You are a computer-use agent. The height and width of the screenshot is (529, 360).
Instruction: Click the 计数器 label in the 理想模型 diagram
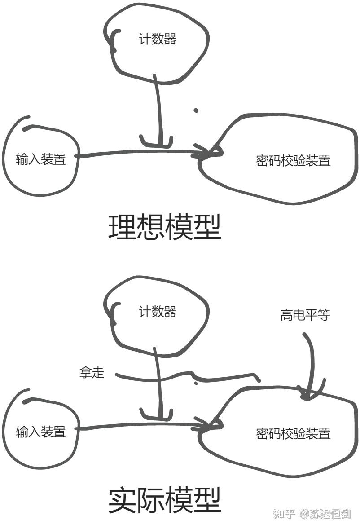pyautogui.click(x=157, y=40)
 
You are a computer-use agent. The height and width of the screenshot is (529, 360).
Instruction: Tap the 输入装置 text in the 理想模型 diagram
pyautogui.click(x=41, y=159)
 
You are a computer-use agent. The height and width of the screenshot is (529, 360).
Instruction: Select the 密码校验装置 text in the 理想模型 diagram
pyautogui.click(x=293, y=160)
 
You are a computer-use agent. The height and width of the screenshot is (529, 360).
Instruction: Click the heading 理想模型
pyautogui.click(x=165, y=227)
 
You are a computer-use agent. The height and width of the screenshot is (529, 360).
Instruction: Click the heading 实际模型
pyautogui.click(x=165, y=501)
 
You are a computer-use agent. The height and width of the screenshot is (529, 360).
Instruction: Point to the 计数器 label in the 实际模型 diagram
pyautogui.click(x=157, y=312)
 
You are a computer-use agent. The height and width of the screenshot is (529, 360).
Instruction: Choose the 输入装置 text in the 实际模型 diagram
pyautogui.click(x=41, y=432)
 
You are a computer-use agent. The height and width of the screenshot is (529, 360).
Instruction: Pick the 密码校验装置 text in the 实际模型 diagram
pyautogui.click(x=293, y=433)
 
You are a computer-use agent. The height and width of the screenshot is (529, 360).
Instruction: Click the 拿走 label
pyautogui.click(x=92, y=372)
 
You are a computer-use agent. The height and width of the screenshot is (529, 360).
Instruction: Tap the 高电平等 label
pyautogui.click(x=305, y=315)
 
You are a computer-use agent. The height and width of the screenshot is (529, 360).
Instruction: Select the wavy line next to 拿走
pyautogui.click(x=189, y=376)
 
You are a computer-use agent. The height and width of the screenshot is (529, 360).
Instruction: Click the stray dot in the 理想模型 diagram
pyautogui.click(x=196, y=110)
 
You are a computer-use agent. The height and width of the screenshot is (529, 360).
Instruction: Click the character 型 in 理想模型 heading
pyautogui.click(x=207, y=227)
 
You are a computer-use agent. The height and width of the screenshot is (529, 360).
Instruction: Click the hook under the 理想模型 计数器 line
pyautogui.click(x=156, y=143)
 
